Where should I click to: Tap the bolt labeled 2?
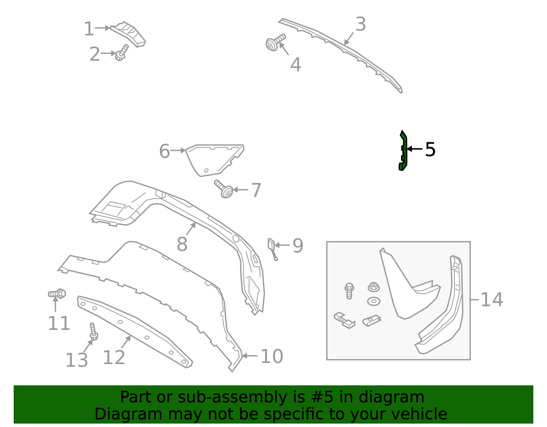coord(122,53)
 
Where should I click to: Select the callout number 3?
coord(360,24)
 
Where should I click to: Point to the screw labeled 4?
coord(275,43)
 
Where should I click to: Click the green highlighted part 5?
coord(403,151)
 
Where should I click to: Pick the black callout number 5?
coord(430,149)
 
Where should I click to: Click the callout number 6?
coord(164,151)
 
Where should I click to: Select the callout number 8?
coord(182,244)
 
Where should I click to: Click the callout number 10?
coord(271,356)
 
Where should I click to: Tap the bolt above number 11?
coord(57,294)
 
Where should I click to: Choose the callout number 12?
coord(114,358)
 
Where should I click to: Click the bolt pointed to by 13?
coord(93,331)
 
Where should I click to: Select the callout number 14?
coord(492,299)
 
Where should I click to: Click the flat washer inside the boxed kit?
coord(374,301)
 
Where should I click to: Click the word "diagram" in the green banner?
coord(399,397)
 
